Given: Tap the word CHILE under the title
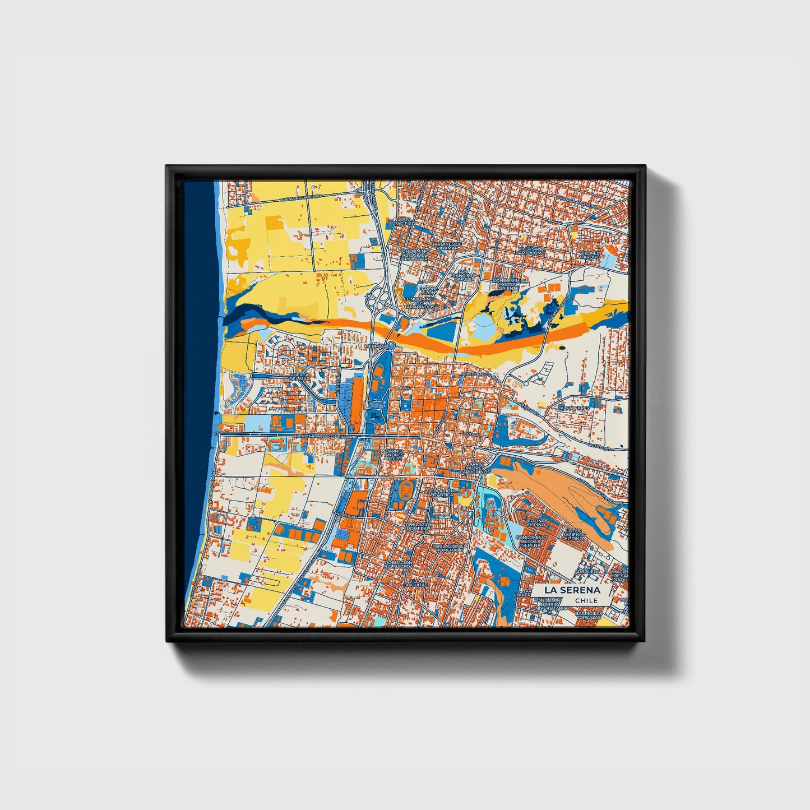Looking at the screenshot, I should tap(586, 600).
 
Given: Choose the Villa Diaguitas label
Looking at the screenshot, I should tap(417, 583).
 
